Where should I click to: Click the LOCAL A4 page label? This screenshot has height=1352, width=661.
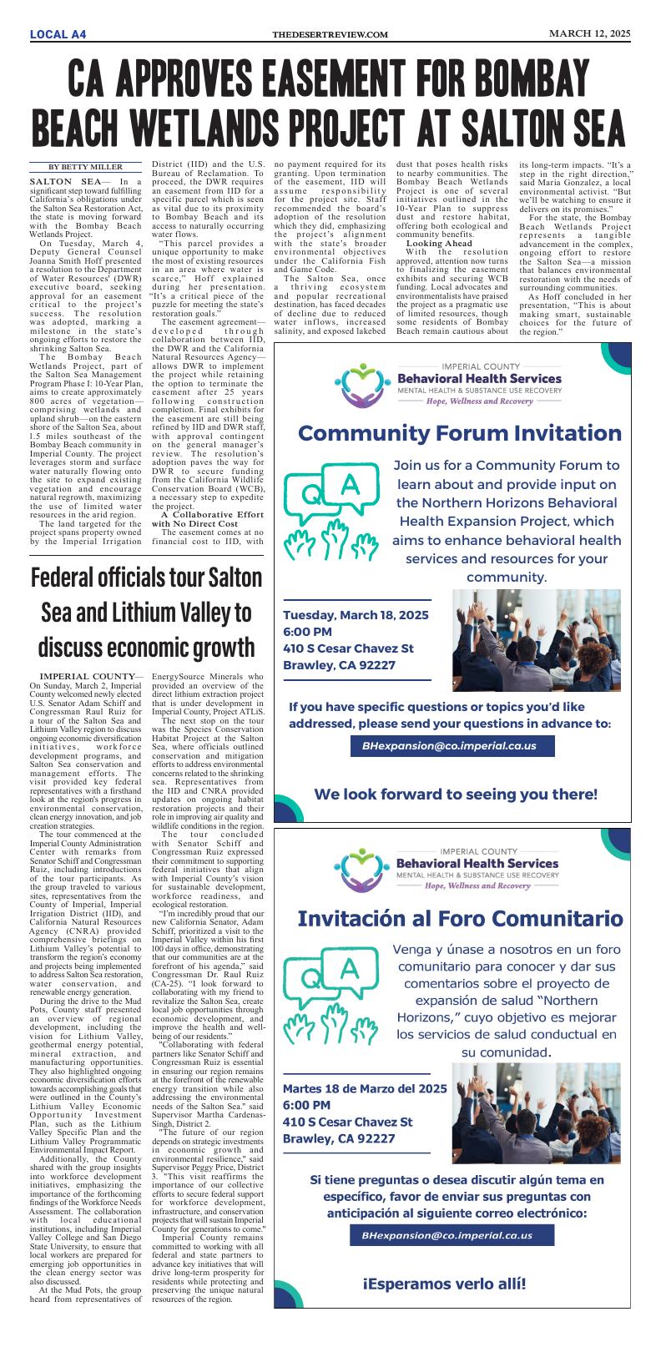click(x=58, y=33)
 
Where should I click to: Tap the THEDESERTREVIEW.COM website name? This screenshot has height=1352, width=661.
click(x=330, y=34)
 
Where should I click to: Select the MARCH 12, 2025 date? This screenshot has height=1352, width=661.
click(x=588, y=33)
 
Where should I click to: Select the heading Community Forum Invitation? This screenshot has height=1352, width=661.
click(x=460, y=433)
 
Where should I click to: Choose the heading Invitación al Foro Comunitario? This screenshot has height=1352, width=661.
click(x=460, y=919)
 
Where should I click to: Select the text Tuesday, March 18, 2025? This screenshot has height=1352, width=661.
click(x=356, y=615)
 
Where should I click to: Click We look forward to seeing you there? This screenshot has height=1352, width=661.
click(x=456, y=794)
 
